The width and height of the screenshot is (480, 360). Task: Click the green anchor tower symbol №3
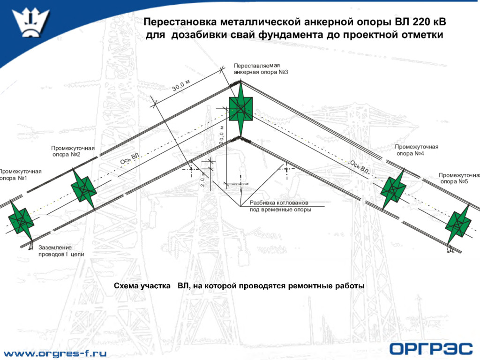[x=240, y=109]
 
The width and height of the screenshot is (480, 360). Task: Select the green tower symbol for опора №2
[x=84, y=189]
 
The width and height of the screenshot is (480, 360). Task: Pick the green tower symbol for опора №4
[x=393, y=189]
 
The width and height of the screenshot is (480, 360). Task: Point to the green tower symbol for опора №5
[x=458, y=225]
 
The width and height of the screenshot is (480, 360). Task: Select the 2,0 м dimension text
[x=203, y=180]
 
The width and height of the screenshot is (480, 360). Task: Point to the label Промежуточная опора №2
[x=73, y=151]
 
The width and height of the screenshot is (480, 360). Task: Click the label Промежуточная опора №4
[x=416, y=150]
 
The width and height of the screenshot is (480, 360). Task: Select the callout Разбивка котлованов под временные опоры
[x=280, y=206]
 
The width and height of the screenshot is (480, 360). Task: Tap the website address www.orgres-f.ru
[x=55, y=352]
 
